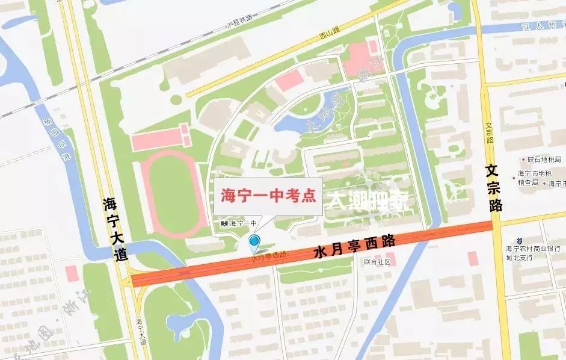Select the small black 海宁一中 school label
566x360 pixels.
(x=239, y=223)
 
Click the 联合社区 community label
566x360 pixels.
(x=377, y=262)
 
